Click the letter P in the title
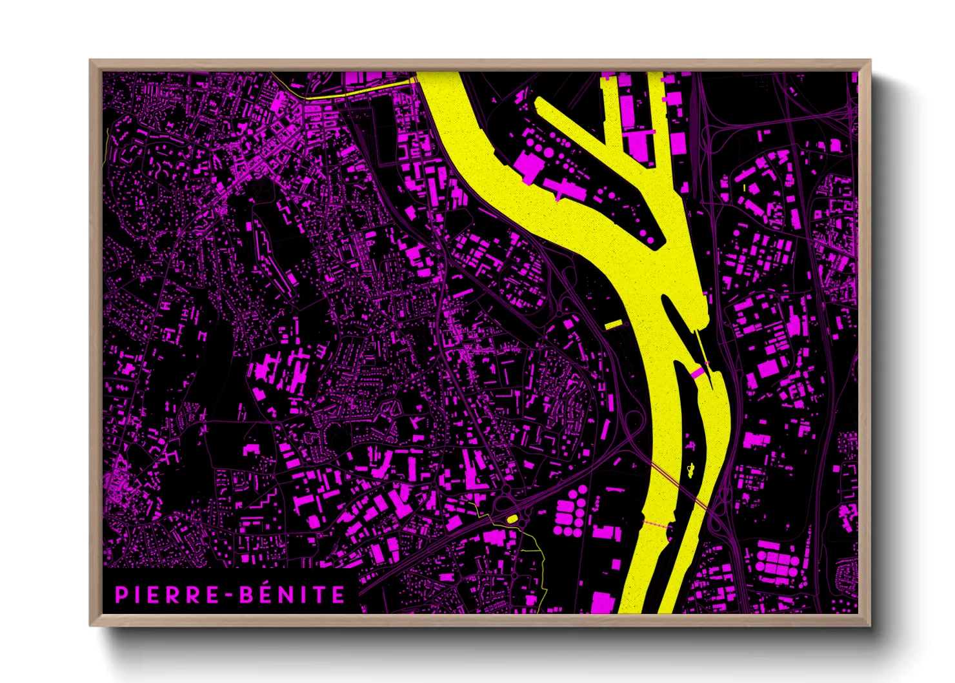pos(121,595)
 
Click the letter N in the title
pos(294,595)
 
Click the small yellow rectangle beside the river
pos(613,324)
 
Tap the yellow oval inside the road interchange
pos(512,518)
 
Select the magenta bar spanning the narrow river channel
pos(697,372)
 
